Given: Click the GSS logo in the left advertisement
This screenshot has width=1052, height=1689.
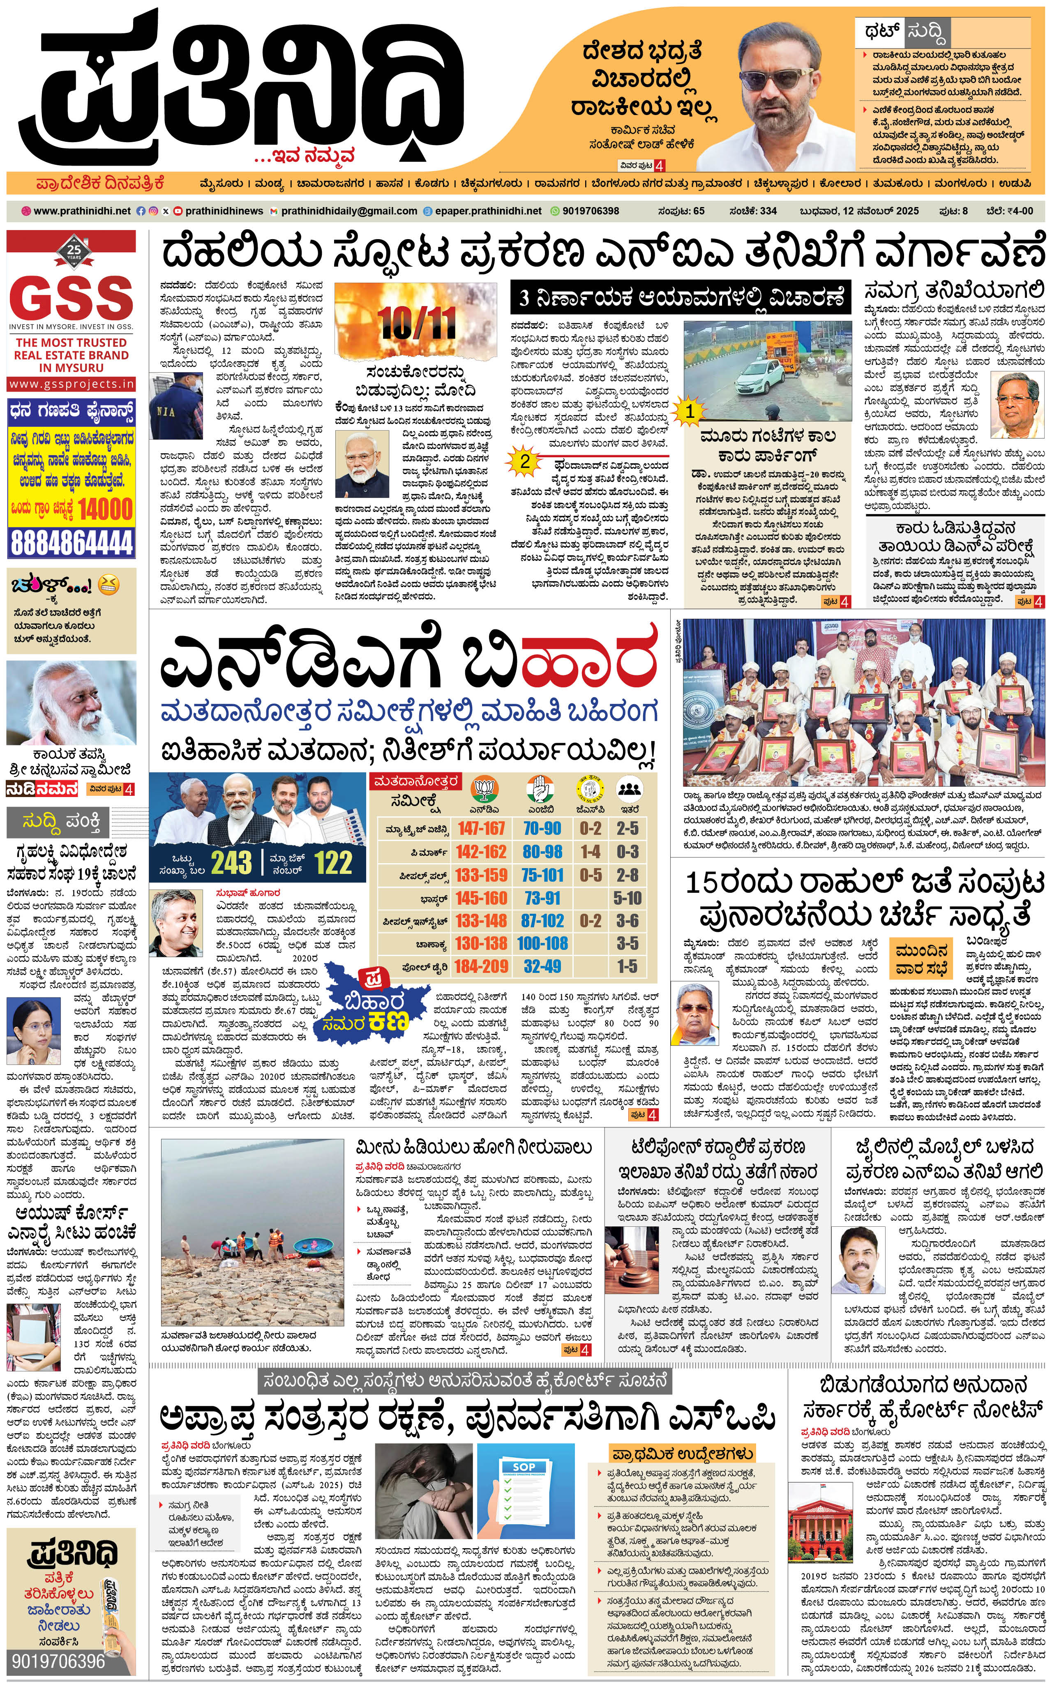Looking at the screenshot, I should [71, 298].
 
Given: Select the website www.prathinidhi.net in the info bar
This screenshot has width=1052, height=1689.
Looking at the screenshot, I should [81, 211].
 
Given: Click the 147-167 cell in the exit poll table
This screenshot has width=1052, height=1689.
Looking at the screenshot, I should [482, 828].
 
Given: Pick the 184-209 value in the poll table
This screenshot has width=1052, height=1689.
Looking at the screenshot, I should [482, 966].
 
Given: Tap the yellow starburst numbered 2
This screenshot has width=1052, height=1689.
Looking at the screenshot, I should [525, 461].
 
